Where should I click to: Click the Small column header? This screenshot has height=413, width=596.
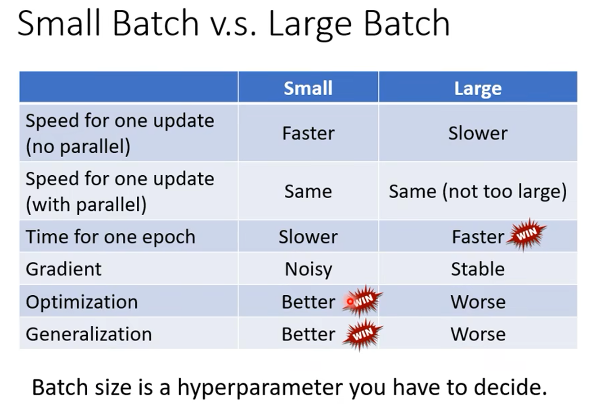(308, 88)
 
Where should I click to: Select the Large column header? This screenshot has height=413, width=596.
(478, 89)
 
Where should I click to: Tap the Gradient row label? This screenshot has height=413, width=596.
(63, 269)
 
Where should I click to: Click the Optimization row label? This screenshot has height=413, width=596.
(82, 302)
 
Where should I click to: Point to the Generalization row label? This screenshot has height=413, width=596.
(89, 334)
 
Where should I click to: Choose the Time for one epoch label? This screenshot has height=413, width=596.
(110, 237)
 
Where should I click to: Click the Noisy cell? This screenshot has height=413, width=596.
(309, 270)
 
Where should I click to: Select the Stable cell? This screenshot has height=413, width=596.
(478, 269)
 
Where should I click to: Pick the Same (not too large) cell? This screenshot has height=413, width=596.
(478, 191)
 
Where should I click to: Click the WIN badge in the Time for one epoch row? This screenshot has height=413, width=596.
(526, 234)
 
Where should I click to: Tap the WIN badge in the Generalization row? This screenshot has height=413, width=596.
(363, 334)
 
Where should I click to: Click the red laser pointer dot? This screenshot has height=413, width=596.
(350, 302)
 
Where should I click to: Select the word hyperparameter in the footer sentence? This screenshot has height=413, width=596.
(260, 388)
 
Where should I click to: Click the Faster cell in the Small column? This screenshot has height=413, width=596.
(309, 133)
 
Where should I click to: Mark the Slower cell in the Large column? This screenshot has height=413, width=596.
(478, 133)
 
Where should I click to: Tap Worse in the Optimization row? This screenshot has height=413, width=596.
(478, 302)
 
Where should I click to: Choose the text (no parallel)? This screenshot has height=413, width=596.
(78, 147)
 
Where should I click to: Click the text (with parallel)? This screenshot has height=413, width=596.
(86, 204)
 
